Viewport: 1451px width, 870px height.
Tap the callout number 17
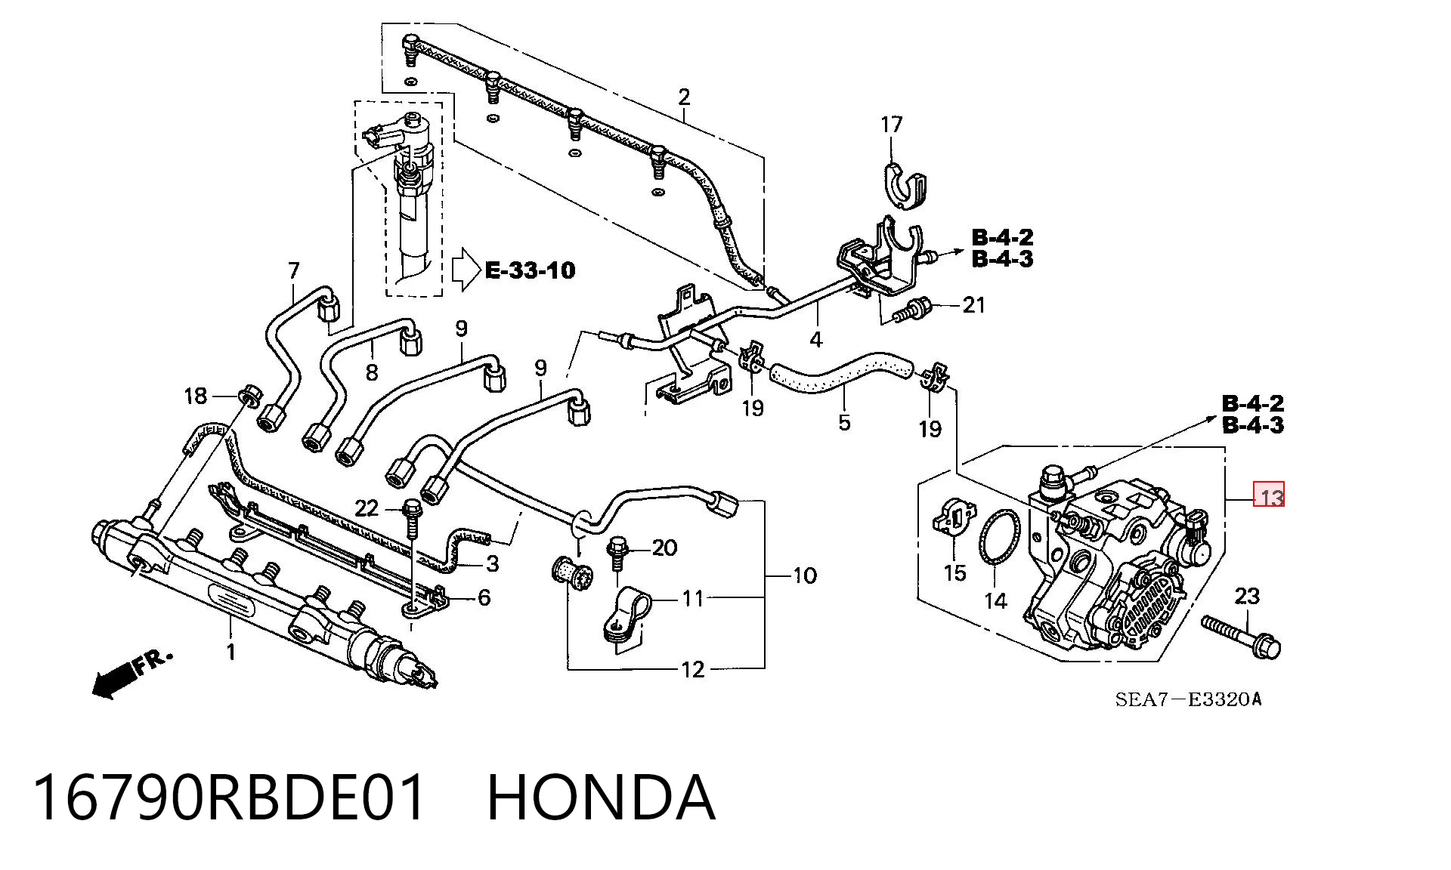pos(892,124)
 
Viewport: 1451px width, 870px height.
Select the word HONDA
pos(601,797)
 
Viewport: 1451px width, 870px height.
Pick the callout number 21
pos(973,305)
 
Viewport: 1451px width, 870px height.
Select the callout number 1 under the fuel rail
pos(231,652)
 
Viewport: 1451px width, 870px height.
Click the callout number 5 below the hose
pos(844,422)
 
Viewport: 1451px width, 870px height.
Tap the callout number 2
pos(684,97)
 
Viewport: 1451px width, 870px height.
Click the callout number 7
pos(294,270)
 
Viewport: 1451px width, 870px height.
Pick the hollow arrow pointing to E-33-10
pos(466,269)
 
